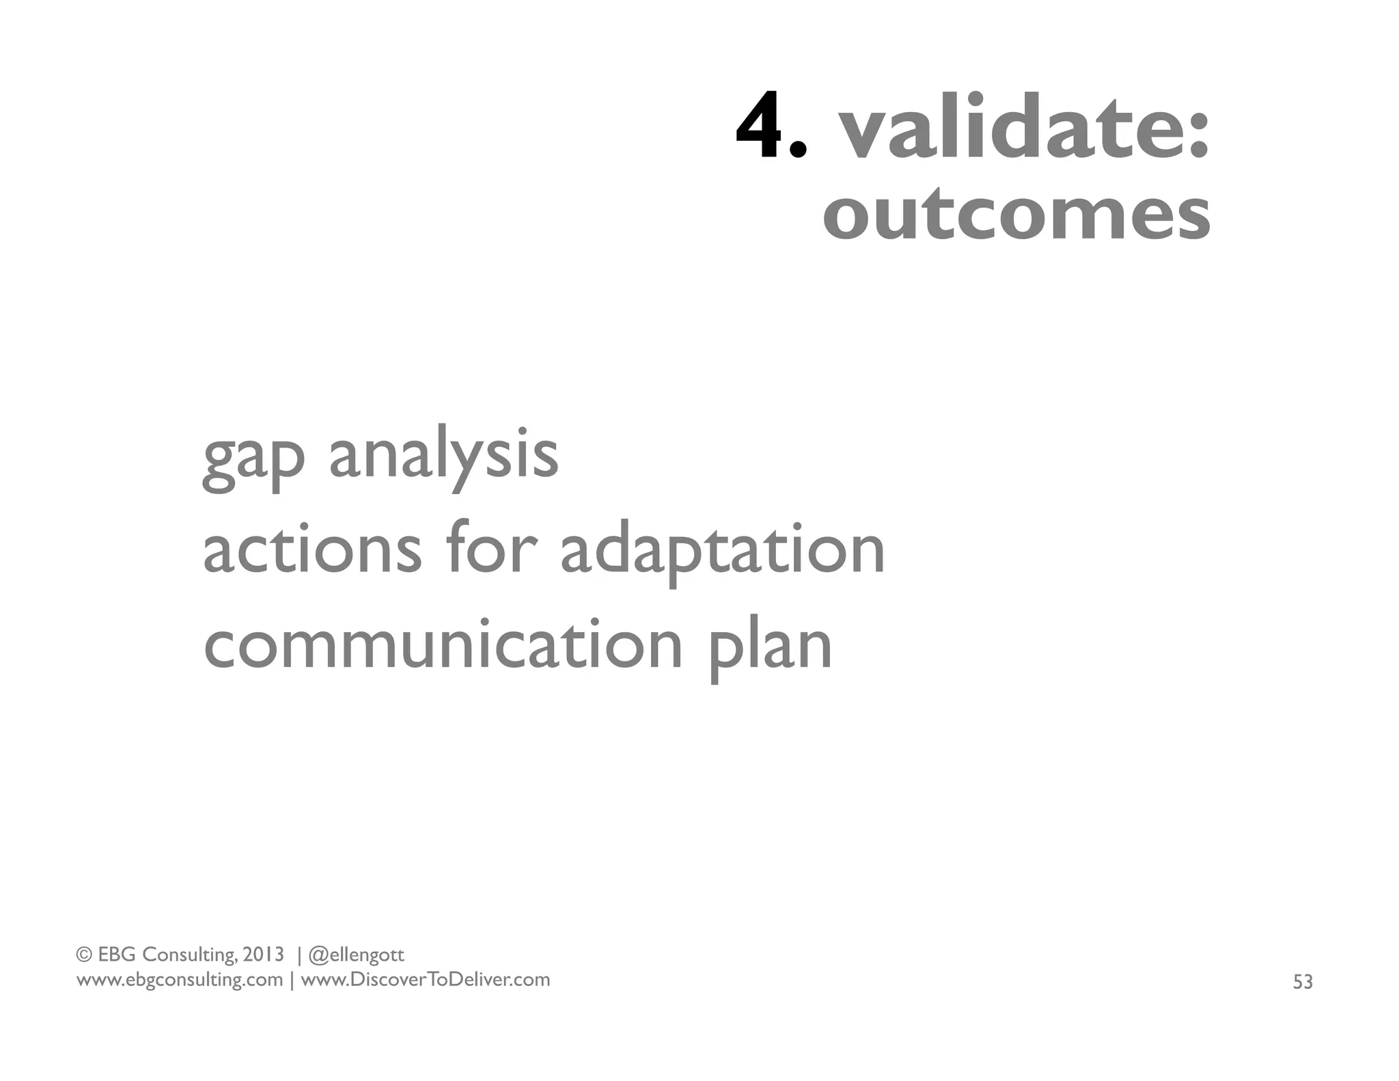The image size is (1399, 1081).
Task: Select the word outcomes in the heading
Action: click(1016, 215)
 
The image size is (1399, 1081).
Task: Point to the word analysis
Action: click(444, 456)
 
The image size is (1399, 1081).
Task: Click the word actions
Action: click(312, 550)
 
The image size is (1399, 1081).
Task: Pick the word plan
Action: click(770, 646)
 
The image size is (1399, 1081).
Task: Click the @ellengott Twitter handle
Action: click(356, 955)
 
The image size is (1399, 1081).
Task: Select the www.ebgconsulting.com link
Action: click(179, 980)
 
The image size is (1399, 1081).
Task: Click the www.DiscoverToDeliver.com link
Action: click(425, 980)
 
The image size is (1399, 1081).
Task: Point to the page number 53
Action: click(1303, 982)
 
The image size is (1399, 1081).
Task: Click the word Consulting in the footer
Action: click(189, 955)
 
